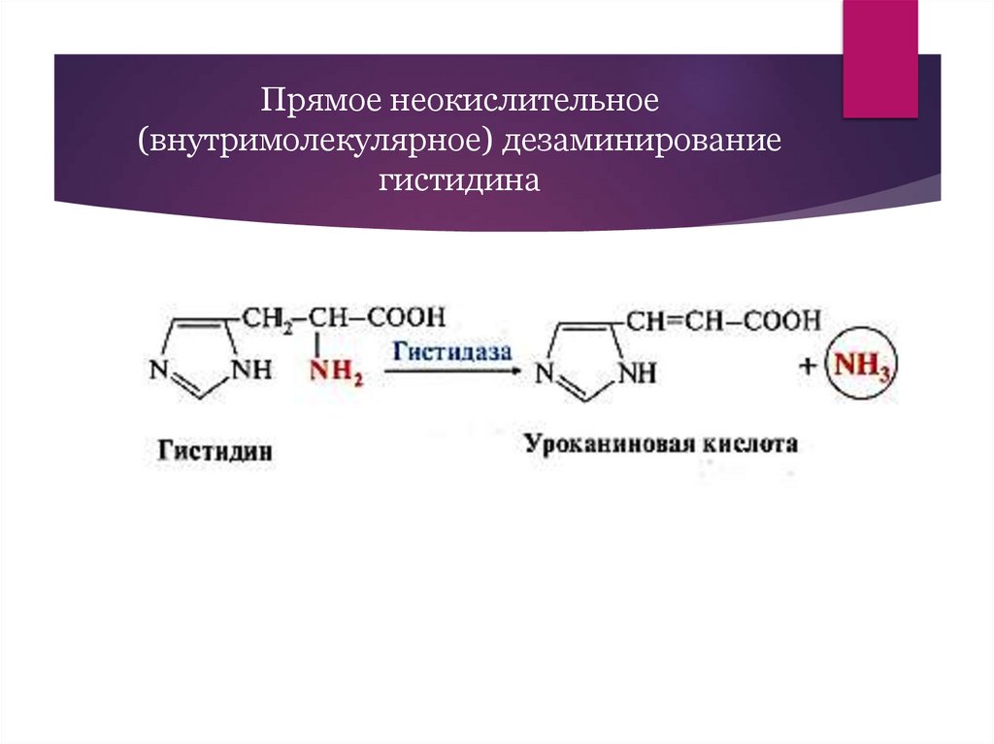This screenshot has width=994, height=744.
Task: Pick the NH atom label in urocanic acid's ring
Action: [637, 372]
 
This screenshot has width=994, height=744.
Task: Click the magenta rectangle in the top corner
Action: [879, 58]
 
